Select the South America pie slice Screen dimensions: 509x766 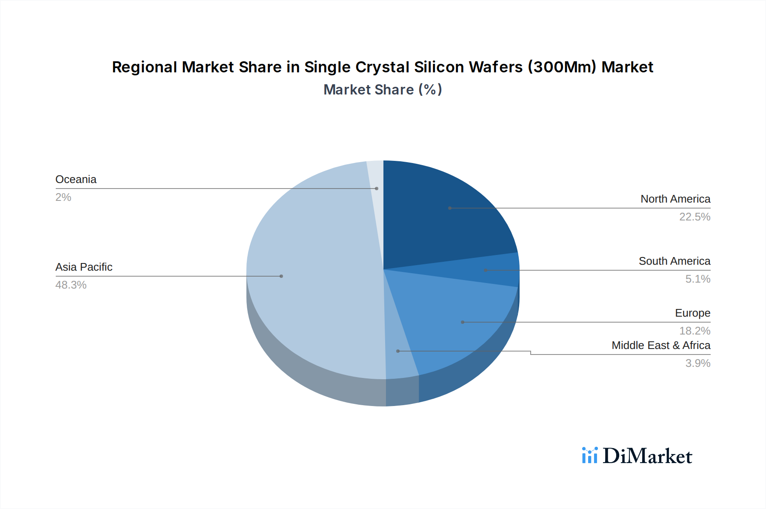click(x=489, y=270)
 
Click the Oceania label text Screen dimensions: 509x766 click(x=76, y=180)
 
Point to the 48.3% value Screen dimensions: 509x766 click(x=71, y=285)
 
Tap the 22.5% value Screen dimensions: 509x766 click(x=695, y=217)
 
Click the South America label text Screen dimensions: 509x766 click(x=674, y=261)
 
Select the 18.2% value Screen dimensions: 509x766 click(x=695, y=331)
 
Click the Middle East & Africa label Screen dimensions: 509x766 click(x=660, y=345)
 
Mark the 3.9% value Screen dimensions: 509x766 click(x=697, y=363)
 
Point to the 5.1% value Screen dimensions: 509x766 click(x=697, y=279)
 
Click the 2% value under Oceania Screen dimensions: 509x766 click(x=63, y=197)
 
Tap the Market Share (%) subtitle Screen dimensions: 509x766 click(x=383, y=90)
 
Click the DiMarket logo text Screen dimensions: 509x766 click(x=647, y=456)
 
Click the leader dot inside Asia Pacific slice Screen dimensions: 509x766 click(x=281, y=276)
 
